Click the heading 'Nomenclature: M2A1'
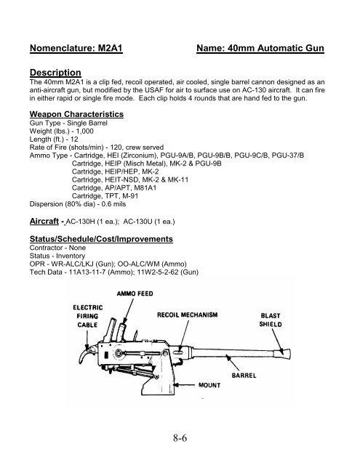[x=81, y=49]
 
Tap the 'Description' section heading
[x=55, y=73]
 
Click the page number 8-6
[x=180, y=437]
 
